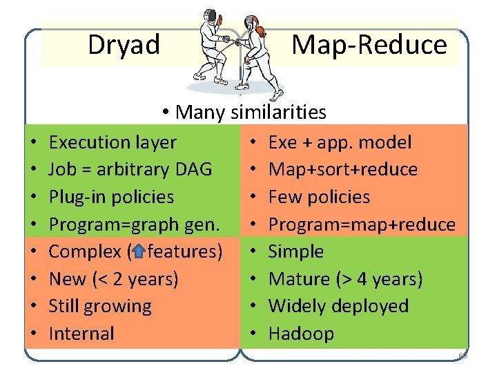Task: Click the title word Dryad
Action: [124, 45]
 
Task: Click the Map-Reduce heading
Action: [369, 45]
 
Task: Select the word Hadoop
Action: [301, 334]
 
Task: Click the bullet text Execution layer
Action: [113, 143]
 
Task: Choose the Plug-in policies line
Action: [111, 197]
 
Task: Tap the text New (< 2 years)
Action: [113, 279]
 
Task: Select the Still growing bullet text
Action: [100, 306]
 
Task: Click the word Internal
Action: [81, 334]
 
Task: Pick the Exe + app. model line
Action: [340, 143]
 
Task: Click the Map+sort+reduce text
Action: [342, 170]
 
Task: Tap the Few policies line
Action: [319, 197]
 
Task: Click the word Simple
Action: [295, 251]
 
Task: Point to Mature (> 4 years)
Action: [345, 279]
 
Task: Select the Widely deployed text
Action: [338, 306]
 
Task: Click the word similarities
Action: [279, 111]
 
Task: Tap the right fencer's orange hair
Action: [260, 30]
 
